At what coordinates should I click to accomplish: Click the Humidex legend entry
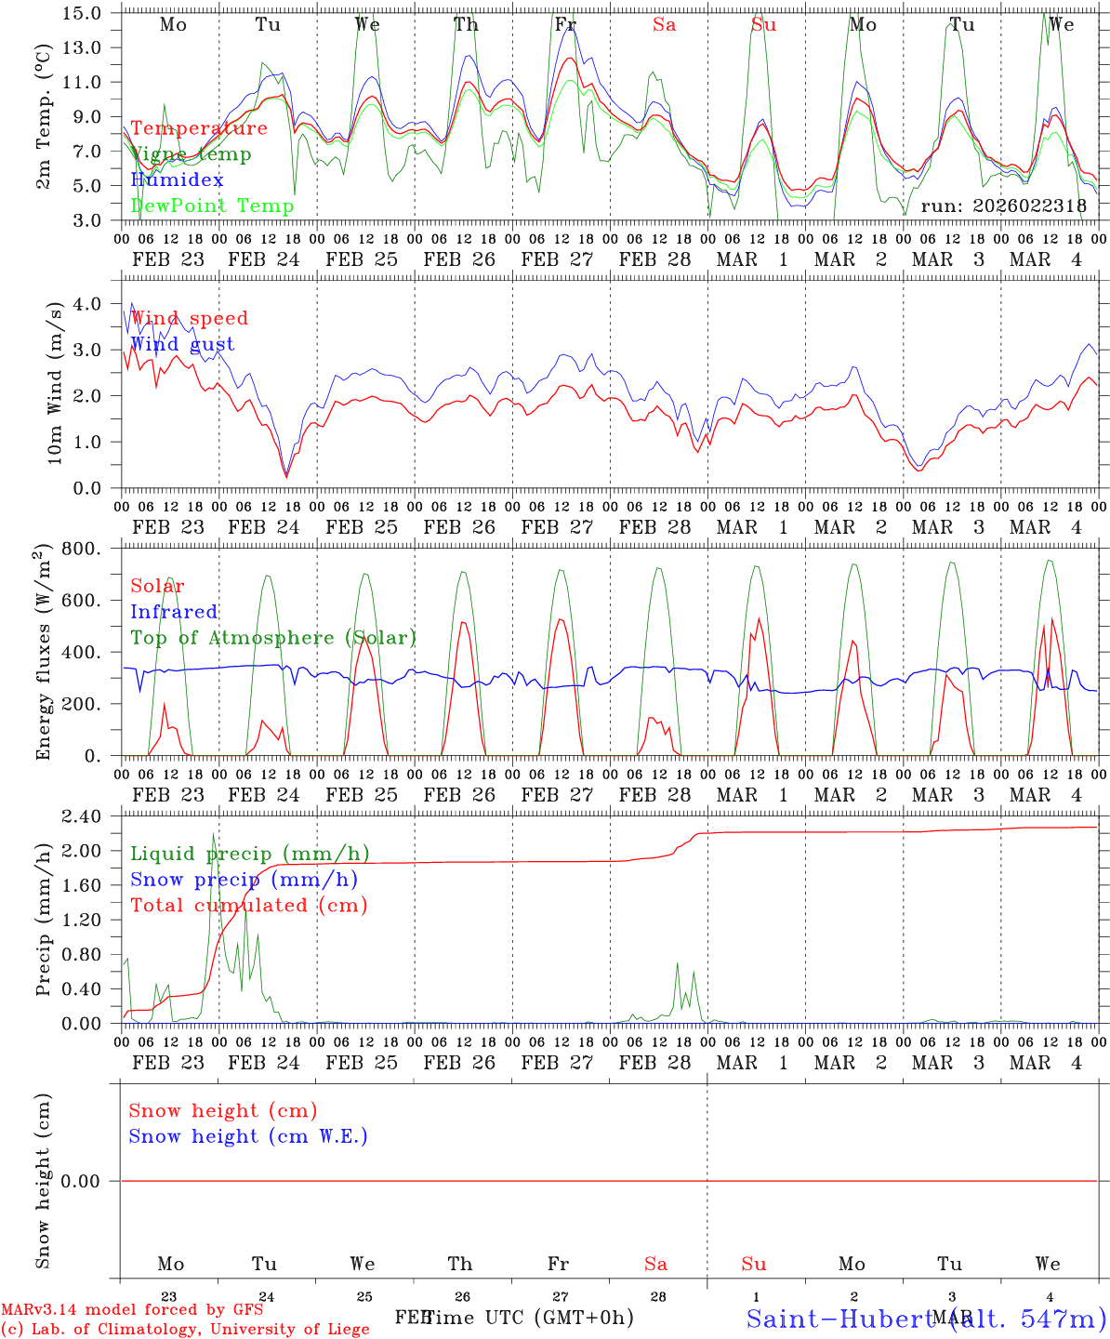177,179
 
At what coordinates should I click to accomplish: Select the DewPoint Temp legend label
212,205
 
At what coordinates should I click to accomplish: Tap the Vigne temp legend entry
191,154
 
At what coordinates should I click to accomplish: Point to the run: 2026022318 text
1003,205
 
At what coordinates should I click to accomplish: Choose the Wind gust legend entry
182,344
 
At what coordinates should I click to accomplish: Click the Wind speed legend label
190,318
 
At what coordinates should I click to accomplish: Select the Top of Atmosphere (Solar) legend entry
273,638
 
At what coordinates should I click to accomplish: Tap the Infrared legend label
174,612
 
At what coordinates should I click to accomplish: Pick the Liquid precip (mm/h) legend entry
250,854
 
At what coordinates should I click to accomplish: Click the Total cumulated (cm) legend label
249,905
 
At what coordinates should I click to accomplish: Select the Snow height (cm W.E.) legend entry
248,1136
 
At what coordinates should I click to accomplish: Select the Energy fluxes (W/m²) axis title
43,654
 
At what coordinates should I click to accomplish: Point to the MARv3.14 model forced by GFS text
131,1310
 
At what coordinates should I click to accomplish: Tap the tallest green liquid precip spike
213,836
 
